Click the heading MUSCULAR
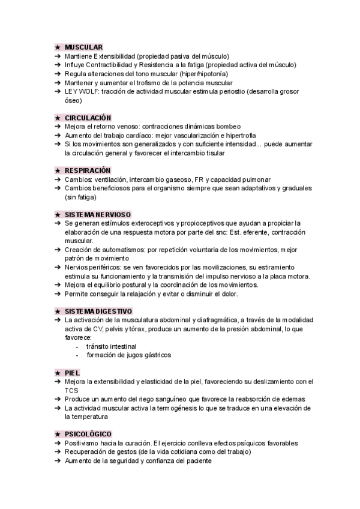(83, 47)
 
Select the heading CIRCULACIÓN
(88, 118)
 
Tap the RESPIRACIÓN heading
(88, 170)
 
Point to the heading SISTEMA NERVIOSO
(98, 214)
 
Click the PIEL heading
(72, 373)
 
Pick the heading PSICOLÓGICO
(88, 434)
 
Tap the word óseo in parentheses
(73, 100)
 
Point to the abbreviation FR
(199, 179)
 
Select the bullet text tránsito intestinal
(111, 346)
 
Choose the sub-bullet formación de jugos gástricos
(128, 355)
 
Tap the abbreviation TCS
(71, 390)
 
